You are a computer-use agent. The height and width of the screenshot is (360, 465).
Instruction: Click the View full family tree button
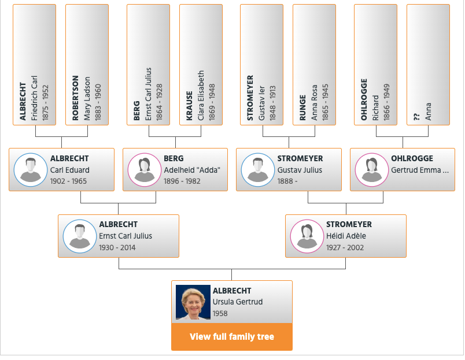pos(231,336)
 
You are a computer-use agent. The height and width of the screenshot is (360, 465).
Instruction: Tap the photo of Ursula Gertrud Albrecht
pos(193,302)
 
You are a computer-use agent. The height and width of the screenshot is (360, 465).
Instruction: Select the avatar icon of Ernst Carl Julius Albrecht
pos(80,236)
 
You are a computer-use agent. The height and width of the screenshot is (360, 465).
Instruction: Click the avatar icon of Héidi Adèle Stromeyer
pos(307,236)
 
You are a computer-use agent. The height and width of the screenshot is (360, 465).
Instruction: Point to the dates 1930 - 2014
pos(117,247)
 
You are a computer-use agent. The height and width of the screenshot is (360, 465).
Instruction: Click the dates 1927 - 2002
pos(345,247)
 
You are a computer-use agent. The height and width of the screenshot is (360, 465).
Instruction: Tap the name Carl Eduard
pos(69,170)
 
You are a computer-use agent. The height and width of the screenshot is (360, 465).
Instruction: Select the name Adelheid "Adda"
pos(192,170)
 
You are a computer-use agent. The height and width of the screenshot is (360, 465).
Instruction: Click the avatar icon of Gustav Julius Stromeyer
pos(258,170)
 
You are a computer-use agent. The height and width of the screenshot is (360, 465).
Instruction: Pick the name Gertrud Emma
pos(416,170)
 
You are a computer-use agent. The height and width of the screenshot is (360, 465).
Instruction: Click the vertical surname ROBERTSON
pos(75,98)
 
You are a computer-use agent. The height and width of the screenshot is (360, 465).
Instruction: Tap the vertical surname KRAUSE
pos(189,106)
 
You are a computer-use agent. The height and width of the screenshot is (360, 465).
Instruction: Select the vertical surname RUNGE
pos(302,107)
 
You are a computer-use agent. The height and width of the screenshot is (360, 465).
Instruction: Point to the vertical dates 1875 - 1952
pos(45,103)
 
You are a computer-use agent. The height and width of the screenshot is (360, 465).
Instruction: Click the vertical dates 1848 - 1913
pos(272,103)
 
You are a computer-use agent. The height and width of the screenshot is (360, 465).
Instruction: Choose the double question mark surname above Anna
pos(416,117)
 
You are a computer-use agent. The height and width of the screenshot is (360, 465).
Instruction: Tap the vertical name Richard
pos(375,108)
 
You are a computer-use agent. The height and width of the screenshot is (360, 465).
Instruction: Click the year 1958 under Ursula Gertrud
pos(220,313)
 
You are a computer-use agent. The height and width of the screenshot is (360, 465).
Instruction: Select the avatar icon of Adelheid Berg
pos(145,170)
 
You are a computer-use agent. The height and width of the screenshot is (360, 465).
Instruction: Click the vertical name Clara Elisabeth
pos(201,95)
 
